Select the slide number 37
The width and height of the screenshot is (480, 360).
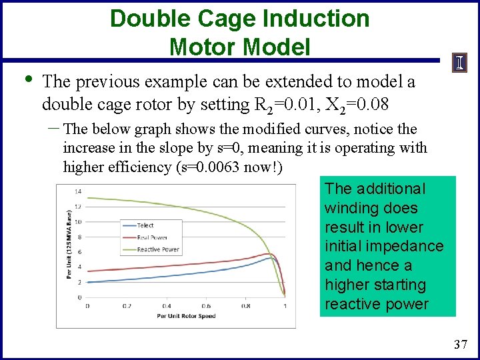(x=460, y=345)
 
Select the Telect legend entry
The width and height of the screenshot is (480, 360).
(x=145, y=225)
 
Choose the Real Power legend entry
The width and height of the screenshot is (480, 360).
(x=151, y=237)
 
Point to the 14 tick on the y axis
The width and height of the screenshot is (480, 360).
(x=78, y=191)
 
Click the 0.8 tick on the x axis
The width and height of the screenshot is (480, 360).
(x=245, y=306)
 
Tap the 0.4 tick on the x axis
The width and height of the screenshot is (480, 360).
(x=167, y=306)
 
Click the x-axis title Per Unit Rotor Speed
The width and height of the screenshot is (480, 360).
(x=186, y=316)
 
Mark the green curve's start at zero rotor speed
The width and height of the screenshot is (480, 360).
(x=88, y=197)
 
